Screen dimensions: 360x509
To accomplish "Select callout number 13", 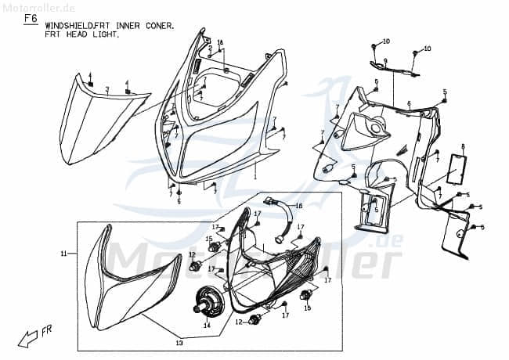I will pyautogui.click(x=179, y=344).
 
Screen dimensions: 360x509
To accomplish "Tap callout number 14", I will pyautogui.click(x=207, y=325).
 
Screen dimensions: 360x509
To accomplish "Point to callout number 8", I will pyautogui.click(x=463, y=146).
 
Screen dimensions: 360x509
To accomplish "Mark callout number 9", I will pyautogui.click(x=385, y=59).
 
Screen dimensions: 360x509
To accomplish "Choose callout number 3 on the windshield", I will pyautogui.click(x=107, y=89).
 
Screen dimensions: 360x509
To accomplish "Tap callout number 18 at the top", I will pyautogui.click(x=220, y=41).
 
